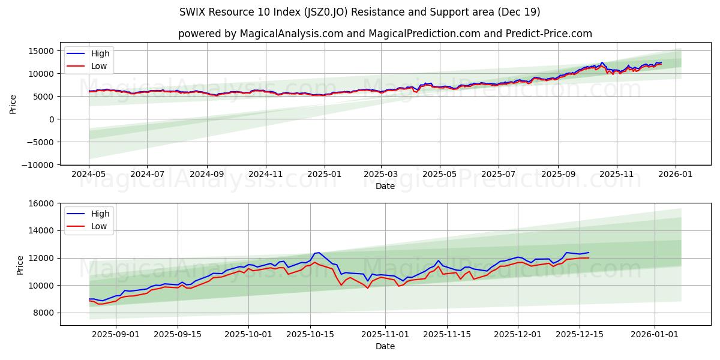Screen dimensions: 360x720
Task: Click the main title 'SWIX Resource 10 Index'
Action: (359, 12)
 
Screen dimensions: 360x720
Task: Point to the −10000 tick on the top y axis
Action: (39, 165)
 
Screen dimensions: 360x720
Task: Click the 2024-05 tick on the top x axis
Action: (89, 174)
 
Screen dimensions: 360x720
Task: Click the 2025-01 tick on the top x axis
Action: (325, 174)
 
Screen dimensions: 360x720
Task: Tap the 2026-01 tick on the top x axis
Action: (676, 174)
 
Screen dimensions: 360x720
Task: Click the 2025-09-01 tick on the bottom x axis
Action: (116, 335)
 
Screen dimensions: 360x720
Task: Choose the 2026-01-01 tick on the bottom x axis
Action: (654, 335)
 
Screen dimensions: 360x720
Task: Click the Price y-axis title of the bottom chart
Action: (20, 265)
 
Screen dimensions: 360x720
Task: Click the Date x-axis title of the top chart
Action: (385, 186)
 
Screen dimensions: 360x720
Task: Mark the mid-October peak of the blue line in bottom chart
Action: (319, 253)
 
